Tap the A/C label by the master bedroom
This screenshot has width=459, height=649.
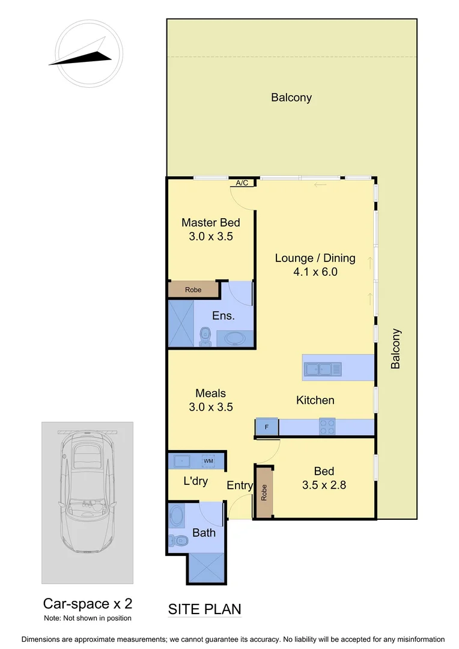(x=242, y=183)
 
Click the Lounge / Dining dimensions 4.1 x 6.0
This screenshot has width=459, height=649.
(x=315, y=272)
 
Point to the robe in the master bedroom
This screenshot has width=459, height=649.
(x=193, y=290)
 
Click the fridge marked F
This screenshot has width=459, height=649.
(x=266, y=427)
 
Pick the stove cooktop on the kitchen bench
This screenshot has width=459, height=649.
(x=327, y=426)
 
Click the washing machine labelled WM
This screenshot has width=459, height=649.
(x=208, y=461)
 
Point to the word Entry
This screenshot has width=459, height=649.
(x=240, y=486)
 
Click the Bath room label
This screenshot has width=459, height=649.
(x=204, y=532)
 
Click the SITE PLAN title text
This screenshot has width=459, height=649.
(x=204, y=609)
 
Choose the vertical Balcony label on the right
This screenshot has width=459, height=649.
(x=395, y=349)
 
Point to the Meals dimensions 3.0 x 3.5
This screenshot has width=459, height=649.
(x=210, y=407)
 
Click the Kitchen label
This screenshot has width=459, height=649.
(x=315, y=400)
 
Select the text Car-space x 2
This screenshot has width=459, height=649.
(x=87, y=603)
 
